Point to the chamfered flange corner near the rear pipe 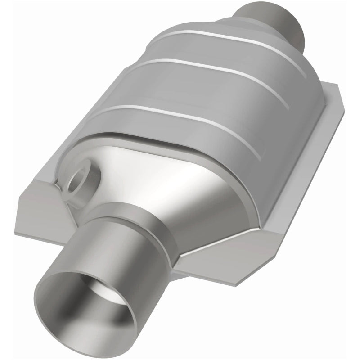(333, 97)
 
